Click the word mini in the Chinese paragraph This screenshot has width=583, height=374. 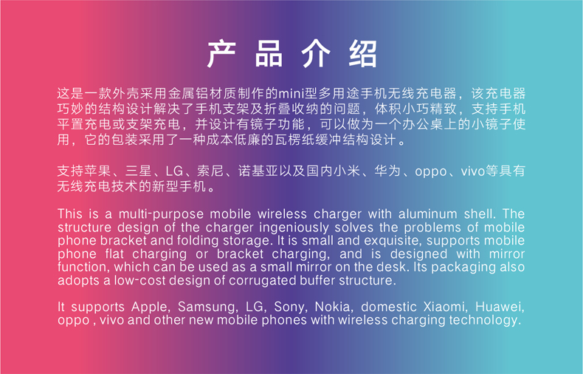[291, 94]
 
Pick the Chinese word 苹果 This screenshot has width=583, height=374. [99, 171]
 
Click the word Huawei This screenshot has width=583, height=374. [500, 307]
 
